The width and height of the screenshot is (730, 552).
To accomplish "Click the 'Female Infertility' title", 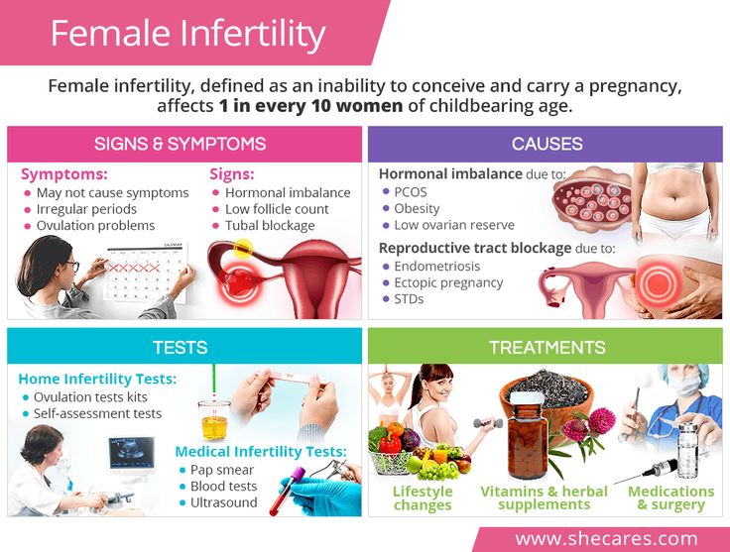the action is (187, 34).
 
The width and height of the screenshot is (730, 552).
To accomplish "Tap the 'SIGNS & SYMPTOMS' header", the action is (181, 144).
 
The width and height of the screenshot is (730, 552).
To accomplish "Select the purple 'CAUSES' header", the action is (547, 144).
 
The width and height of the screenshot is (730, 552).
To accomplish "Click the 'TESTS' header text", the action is (181, 348).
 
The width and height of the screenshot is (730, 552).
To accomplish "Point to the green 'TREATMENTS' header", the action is (547, 348).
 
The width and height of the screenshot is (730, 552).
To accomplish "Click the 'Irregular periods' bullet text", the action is (86, 209).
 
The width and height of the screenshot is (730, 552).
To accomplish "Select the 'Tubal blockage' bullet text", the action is (270, 226).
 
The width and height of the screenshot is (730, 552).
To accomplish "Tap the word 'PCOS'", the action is (411, 192).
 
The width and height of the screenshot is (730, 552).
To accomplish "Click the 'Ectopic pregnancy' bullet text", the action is (448, 282).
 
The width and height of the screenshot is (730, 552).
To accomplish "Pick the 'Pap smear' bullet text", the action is (222, 470).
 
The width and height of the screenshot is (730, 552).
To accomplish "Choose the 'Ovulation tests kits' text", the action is (90, 397).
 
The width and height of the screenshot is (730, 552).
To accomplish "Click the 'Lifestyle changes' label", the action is (423, 498).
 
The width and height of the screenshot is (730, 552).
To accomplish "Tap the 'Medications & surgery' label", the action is (670, 498).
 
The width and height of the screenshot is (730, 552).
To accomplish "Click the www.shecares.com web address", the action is (607, 539).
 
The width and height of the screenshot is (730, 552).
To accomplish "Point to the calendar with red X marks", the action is (145, 274).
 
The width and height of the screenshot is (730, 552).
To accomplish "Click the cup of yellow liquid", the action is (214, 420).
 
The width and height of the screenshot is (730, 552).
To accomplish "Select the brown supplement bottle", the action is (527, 435).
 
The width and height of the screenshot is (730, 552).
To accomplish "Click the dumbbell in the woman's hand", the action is (488, 423).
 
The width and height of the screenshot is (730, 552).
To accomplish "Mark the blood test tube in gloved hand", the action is (288, 491).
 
